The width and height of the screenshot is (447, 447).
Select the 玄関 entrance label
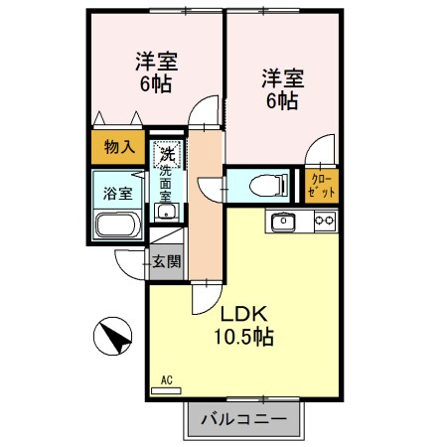point(166,262)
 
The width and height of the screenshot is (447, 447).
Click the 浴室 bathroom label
point(118,193)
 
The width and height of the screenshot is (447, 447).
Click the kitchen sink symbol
point(282,221)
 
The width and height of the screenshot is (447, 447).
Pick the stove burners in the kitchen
point(324,221)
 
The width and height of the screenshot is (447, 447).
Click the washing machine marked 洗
point(167,154)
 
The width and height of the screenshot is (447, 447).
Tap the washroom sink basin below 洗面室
point(167,212)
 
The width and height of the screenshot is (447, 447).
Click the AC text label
point(166,379)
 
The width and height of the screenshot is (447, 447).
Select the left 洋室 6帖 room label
point(154,71)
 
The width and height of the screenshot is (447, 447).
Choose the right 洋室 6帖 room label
point(281,87)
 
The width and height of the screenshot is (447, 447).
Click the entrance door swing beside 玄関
point(130,263)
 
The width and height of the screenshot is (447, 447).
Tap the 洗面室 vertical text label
point(166,184)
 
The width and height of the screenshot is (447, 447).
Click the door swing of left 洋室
point(204,109)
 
